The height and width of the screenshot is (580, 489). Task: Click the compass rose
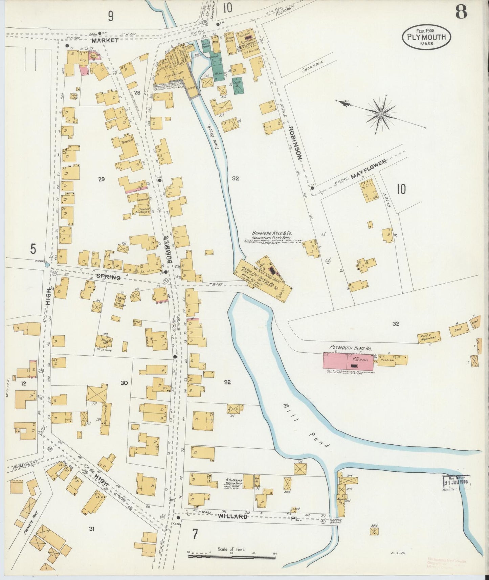(381, 114)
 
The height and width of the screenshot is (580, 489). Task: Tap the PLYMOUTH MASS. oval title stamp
(426, 37)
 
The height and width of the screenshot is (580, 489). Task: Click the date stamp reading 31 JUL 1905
(456, 482)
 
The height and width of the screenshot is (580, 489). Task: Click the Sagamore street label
(313, 67)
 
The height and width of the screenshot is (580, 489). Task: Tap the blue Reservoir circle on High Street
(47, 266)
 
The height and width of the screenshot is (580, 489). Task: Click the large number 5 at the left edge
(33, 249)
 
